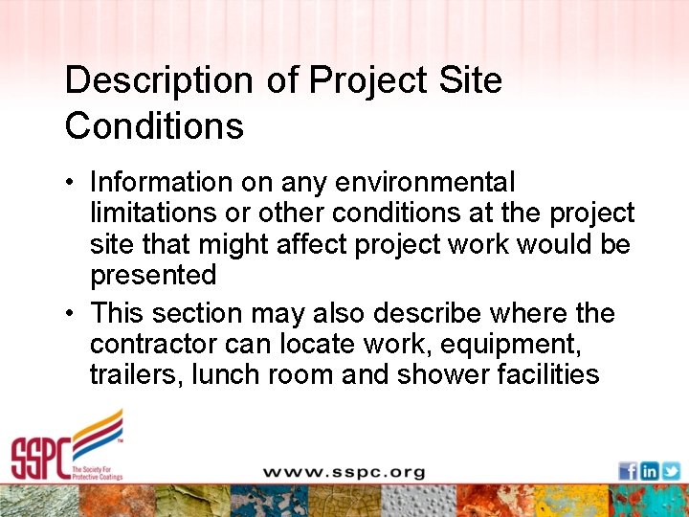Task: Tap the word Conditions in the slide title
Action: pyautogui.click(x=154, y=126)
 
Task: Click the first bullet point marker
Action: pyautogui.click(x=73, y=183)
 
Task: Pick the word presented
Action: pyautogui.click(x=153, y=276)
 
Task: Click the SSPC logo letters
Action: pyautogui.click(x=38, y=458)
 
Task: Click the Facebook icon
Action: pyautogui.click(x=628, y=470)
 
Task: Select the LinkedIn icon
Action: pyautogui.click(x=649, y=470)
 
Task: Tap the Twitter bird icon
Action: pyautogui.click(x=671, y=470)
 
